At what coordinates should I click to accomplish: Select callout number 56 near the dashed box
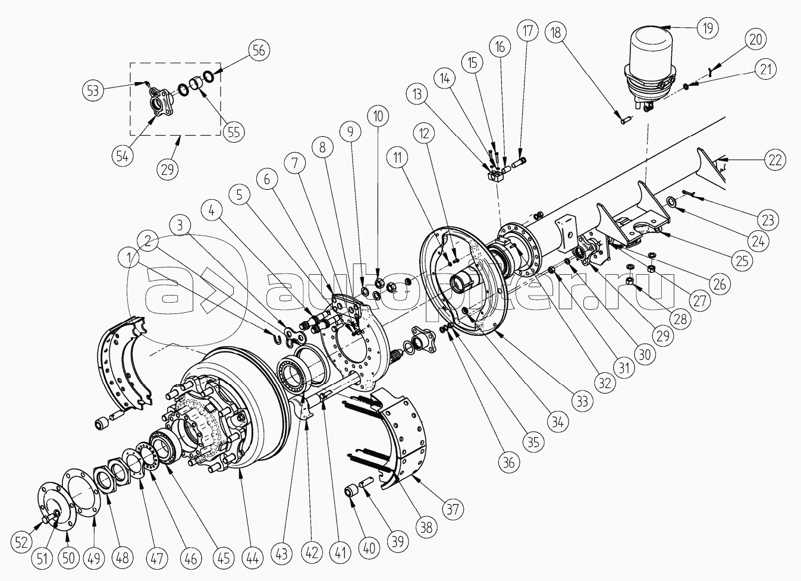(259, 51)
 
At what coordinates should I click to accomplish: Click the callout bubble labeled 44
(253, 558)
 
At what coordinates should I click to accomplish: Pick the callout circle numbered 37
(453, 509)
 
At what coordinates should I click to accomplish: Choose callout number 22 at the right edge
(775, 160)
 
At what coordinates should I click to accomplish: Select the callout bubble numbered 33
(583, 401)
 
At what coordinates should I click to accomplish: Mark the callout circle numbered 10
(378, 116)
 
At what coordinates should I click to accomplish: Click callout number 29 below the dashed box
(167, 169)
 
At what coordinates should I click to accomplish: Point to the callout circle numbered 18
(555, 33)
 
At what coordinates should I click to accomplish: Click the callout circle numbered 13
(417, 95)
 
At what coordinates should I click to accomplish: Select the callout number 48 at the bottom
(122, 558)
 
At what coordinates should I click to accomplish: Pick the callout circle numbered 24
(758, 241)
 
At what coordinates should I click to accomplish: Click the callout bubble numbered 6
(267, 179)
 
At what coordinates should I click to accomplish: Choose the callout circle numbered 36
(508, 463)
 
